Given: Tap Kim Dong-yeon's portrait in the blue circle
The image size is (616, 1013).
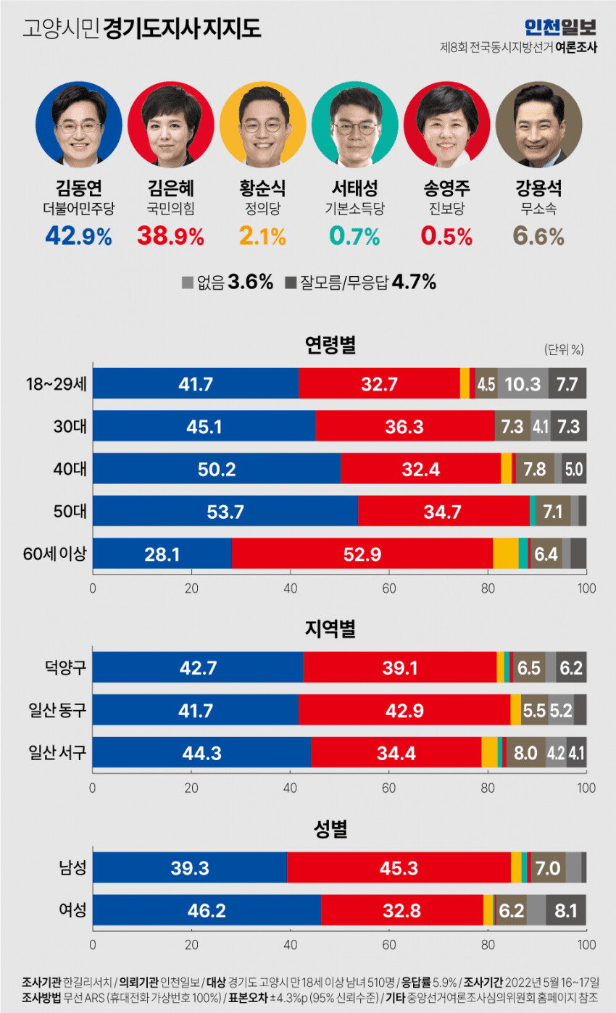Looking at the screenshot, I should tap(79, 125).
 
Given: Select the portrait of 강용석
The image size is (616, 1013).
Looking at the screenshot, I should tap(538, 125).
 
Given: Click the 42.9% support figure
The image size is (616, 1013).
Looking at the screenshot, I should tap(78, 236).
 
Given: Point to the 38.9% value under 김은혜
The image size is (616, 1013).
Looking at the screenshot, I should tap(170, 236).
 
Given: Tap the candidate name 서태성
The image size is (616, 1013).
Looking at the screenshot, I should tap(354, 191).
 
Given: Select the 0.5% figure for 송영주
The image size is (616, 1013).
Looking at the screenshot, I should tap(446, 236).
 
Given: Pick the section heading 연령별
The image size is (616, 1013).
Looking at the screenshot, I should tap(330, 346).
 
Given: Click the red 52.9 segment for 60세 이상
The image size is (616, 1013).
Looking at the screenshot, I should tap(362, 554).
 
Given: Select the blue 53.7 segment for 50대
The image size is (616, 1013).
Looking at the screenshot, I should tap(225, 512).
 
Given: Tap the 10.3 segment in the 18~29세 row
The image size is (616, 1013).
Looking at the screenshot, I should tap(523, 384).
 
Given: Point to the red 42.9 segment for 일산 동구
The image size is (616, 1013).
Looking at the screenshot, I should tap(404, 709).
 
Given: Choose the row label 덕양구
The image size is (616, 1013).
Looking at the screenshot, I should tap(68, 667).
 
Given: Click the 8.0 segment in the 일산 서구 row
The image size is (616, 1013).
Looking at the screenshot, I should tap(525, 752).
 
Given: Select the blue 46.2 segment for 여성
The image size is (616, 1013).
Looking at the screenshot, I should tap(207, 909).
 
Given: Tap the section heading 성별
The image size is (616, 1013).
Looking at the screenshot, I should tap(330, 829).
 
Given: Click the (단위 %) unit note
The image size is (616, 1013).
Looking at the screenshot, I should tap(564, 349).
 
